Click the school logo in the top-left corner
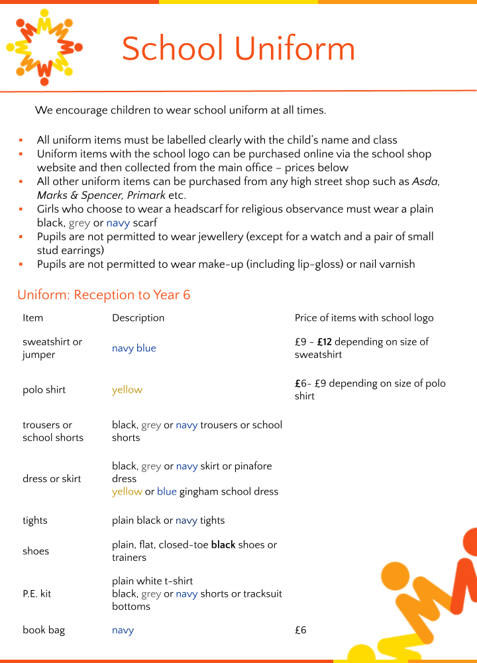point(44,47)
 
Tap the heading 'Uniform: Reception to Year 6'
point(104,295)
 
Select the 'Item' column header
point(32,318)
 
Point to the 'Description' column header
point(138,318)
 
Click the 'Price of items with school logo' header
point(364,318)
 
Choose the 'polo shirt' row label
point(44,390)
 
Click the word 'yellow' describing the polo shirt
point(127,390)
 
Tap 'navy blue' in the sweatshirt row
point(134,348)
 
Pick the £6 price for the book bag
point(300,630)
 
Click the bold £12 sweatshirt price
point(325,342)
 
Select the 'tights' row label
point(35,520)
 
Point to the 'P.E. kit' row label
point(36,593)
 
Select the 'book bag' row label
point(44,630)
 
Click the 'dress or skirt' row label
point(52,479)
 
